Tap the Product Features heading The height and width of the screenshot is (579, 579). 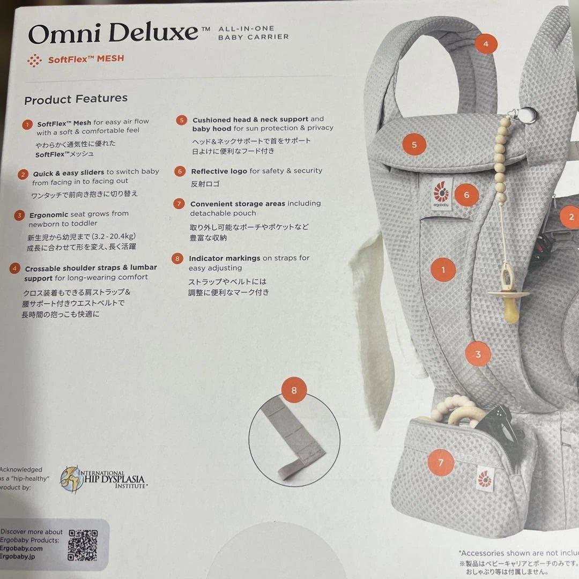coord(76,99)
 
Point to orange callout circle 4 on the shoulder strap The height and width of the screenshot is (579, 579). coord(486,44)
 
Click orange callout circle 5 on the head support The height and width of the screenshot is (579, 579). coord(414,144)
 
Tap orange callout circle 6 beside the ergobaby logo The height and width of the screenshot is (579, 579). coord(466,195)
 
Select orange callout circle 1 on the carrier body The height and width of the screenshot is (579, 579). coord(443,270)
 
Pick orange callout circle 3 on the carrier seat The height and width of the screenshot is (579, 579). coord(478,354)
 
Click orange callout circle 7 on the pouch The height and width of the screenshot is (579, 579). coord(441,463)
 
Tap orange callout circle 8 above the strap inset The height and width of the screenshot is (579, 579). coord(294,390)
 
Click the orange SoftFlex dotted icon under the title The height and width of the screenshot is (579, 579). coord(34,61)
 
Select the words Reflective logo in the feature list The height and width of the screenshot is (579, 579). coord(219,171)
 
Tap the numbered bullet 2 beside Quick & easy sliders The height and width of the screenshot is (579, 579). coord(23,174)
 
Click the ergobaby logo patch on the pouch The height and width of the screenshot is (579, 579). coord(486,478)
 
